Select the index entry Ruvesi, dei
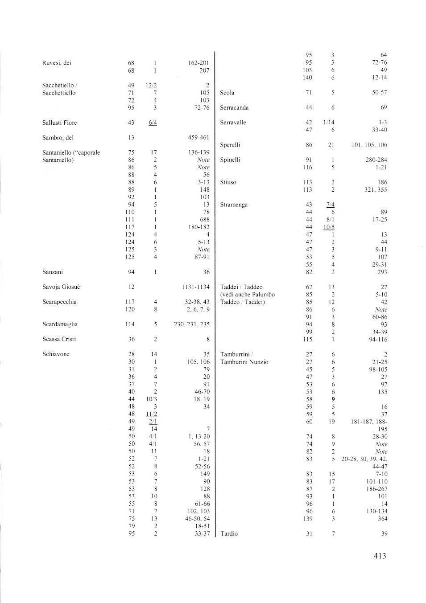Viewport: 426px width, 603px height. tap(57, 63)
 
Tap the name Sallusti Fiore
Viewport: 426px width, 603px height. tap(59, 123)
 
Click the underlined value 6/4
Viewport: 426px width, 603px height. tap(153, 123)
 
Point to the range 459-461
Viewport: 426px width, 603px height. tap(199, 138)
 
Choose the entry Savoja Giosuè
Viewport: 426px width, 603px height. tap(61, 287)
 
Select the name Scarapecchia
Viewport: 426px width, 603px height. tap(60, 302)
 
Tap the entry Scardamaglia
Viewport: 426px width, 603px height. tap(60, 324)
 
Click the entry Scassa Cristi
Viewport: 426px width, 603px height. tap(59, 339)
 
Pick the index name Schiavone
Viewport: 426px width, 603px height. tap(56, 354)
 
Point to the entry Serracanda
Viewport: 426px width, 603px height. tap(234, 108)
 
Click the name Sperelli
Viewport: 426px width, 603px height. tap(230, 145)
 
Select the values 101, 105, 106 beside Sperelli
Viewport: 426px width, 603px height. tap(370, 145)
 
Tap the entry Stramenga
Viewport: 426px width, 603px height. tap(234, 205)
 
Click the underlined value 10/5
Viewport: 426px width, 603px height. tap(330, 227)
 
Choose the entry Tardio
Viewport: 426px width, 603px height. tap(229, 534)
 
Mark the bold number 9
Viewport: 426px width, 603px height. tap(333, 399)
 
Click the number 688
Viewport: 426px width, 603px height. tap(205, 220)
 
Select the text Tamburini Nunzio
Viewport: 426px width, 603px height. tap(244, 362)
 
